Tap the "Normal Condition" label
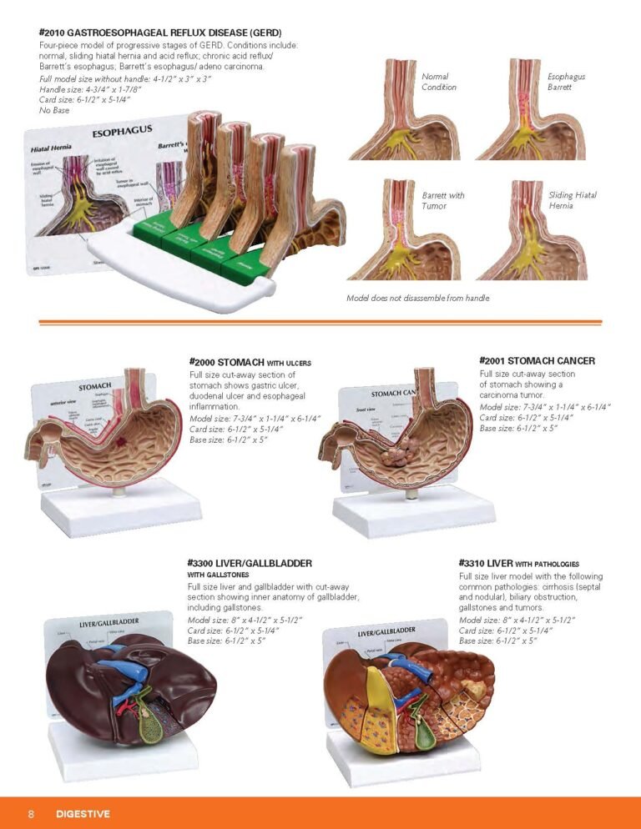pos(439,82)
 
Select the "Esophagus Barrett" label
pos(566,82)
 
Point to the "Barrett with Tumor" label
pos(443,200)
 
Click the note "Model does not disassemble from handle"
pos(417,298)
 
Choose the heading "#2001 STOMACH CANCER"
pos(537,360)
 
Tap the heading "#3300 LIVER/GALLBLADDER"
pos(250,564)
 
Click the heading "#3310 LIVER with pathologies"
pos(518,564)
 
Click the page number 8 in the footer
pos(31,813)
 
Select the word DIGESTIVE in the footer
pos(83,813)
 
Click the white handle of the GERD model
pos(167,267)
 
